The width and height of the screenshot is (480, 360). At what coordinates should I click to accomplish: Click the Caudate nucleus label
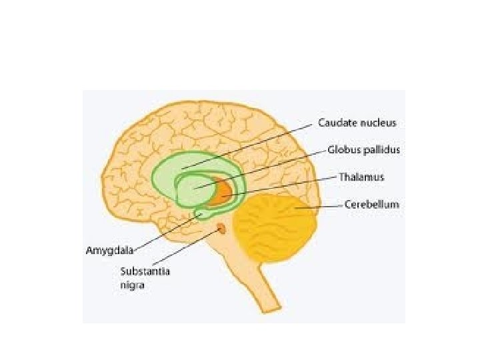357,123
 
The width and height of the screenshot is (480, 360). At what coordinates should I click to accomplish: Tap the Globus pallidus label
364,150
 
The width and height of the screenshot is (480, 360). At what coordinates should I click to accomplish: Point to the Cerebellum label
371,205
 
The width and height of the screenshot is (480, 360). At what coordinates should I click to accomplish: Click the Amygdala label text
110,251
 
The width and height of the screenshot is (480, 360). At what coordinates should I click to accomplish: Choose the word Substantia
142,271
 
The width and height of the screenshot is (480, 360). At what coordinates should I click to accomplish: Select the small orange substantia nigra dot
221,230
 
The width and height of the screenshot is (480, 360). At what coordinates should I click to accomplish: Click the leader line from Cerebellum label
320,207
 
